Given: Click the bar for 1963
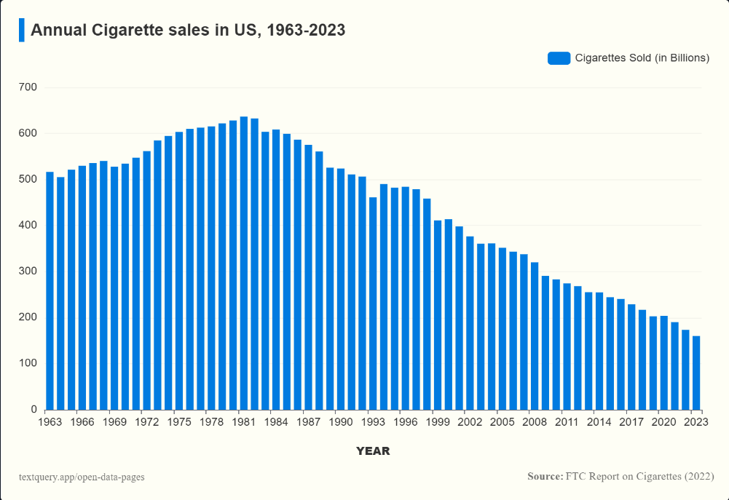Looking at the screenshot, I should [50, 290].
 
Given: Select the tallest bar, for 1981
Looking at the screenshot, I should [244, 263].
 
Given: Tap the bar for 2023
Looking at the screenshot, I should [696, 373].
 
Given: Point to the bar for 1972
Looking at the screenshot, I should [146, 280].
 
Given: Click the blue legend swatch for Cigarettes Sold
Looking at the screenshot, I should [559, 58].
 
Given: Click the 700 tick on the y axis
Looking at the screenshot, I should [28, 87].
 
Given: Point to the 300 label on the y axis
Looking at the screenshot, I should [28, 271].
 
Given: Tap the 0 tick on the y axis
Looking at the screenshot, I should [34, 410].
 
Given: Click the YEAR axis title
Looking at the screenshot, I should [373, 451].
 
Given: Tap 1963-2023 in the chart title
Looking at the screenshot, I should [305, 31].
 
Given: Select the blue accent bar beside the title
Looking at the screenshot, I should [21, 31].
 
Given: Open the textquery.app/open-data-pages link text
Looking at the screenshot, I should [82, 477].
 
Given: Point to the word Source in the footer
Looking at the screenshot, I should [543, 477].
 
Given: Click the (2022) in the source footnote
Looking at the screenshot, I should [698, 477].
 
